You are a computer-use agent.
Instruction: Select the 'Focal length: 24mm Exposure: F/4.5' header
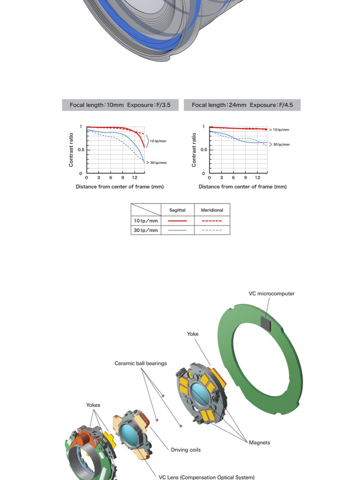[242, 105]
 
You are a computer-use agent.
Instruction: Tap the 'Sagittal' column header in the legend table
[177, 210]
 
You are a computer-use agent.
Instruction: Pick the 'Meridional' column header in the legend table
[212, 210]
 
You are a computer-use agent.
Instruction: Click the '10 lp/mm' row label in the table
[146, 221]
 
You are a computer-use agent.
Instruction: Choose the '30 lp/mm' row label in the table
[146, 230]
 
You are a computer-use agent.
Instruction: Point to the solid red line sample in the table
[177, 221]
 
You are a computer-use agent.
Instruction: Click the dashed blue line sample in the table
[212, 230]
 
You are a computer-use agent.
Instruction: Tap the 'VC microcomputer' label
[271, 293]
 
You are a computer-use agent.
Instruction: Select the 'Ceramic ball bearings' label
[141, 363]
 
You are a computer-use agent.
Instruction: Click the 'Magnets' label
[259, 442]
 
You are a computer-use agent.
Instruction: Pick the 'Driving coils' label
[186, 450]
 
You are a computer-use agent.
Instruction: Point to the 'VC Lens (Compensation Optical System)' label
[206, 477]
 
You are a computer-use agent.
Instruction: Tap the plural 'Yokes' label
[93, 405]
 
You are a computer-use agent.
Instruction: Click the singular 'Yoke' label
[192, 334]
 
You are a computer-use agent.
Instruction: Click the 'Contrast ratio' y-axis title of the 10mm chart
[71, 150]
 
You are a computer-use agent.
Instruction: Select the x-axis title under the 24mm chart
[242, 186]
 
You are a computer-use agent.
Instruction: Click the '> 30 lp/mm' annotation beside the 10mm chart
[156, 163]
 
